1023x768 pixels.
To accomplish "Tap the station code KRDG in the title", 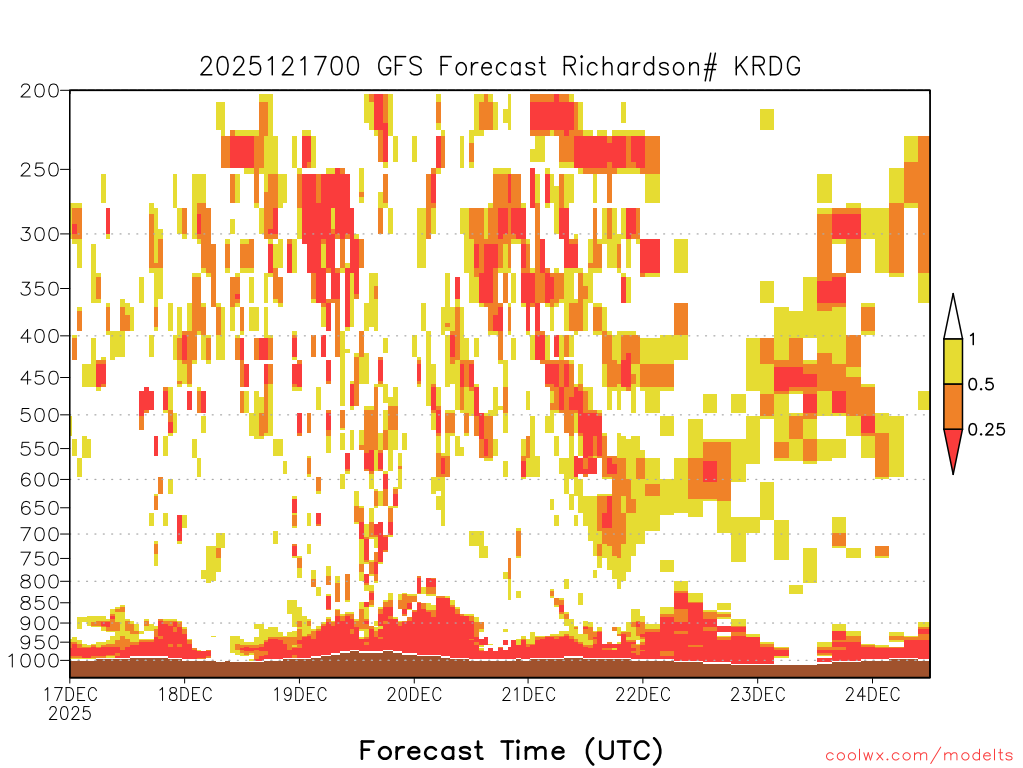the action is [x=767, y=67].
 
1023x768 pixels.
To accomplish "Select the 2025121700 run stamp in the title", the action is [x=280, y=67].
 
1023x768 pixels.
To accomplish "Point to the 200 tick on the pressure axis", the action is [x=40, y=91].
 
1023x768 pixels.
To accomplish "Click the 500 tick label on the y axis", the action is [x=40, y=415].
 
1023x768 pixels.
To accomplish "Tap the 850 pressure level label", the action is [x=40, y=603].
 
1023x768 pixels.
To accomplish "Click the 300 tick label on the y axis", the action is [x=40, y=234].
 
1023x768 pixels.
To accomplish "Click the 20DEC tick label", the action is [x=414, y=694].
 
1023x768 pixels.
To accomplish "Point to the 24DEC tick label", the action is [x=873, y=694].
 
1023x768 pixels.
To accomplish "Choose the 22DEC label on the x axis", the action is [x=643, y=694].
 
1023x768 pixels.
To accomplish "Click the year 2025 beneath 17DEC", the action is [x=70, y=713].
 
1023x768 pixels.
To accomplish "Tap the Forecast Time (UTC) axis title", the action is [x=511, y=750].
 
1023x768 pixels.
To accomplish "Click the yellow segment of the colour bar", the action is [x=953, y=361].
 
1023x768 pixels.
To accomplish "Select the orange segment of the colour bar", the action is [x=953, y=406].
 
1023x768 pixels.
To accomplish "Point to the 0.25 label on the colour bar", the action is [x=986, y=430].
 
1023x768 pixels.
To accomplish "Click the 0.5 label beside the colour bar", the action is [x=981, y=385].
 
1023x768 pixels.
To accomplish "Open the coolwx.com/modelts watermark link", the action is [x=919, y=756].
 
